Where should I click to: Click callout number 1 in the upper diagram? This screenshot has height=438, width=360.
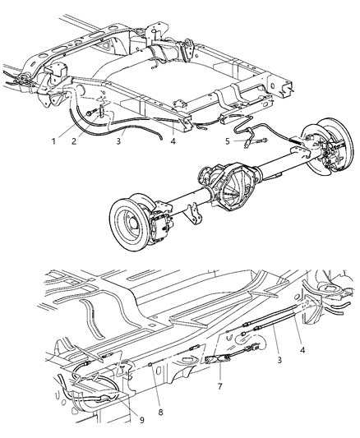click(x=53, y=141)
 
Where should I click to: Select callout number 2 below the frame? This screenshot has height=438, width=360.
click(x=73, y=141)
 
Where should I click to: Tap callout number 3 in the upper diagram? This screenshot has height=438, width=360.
click(x=118, y=141)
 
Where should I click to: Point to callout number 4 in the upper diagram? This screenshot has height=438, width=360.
click(x=173, y=141)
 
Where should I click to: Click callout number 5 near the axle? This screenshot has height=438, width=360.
click(x=228, y=141)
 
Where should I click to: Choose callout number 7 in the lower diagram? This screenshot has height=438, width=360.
click(x=219, y=386)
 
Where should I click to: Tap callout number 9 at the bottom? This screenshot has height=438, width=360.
click(x=142, y=420)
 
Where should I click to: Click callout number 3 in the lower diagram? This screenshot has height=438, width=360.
click(x=279, y=361)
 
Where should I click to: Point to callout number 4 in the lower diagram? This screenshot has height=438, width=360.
click(x=302, y=349)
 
